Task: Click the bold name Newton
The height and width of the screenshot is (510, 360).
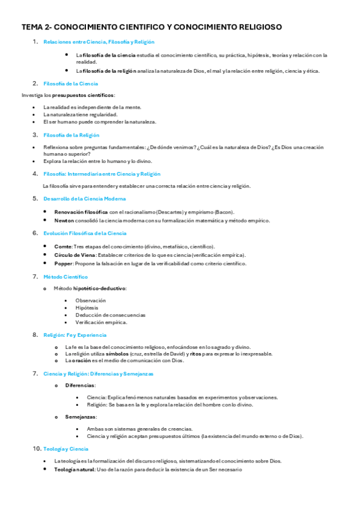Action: tap(64, 221)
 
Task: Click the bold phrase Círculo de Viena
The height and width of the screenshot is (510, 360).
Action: tap(73, 255)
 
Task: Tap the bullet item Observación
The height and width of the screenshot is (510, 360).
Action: tap(90, 300)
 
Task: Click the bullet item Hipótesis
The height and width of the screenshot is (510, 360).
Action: tap(87, 307)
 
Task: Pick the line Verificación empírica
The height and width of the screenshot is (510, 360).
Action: tap(101, 322)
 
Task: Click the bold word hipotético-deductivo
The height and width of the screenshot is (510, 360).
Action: tap(103, 289)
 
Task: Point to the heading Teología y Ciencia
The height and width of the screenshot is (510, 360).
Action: tap(66, 449)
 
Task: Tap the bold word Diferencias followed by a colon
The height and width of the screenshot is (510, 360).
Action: tap(80, 386)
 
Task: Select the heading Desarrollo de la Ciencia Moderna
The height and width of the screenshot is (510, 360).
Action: tap(84, 198)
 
